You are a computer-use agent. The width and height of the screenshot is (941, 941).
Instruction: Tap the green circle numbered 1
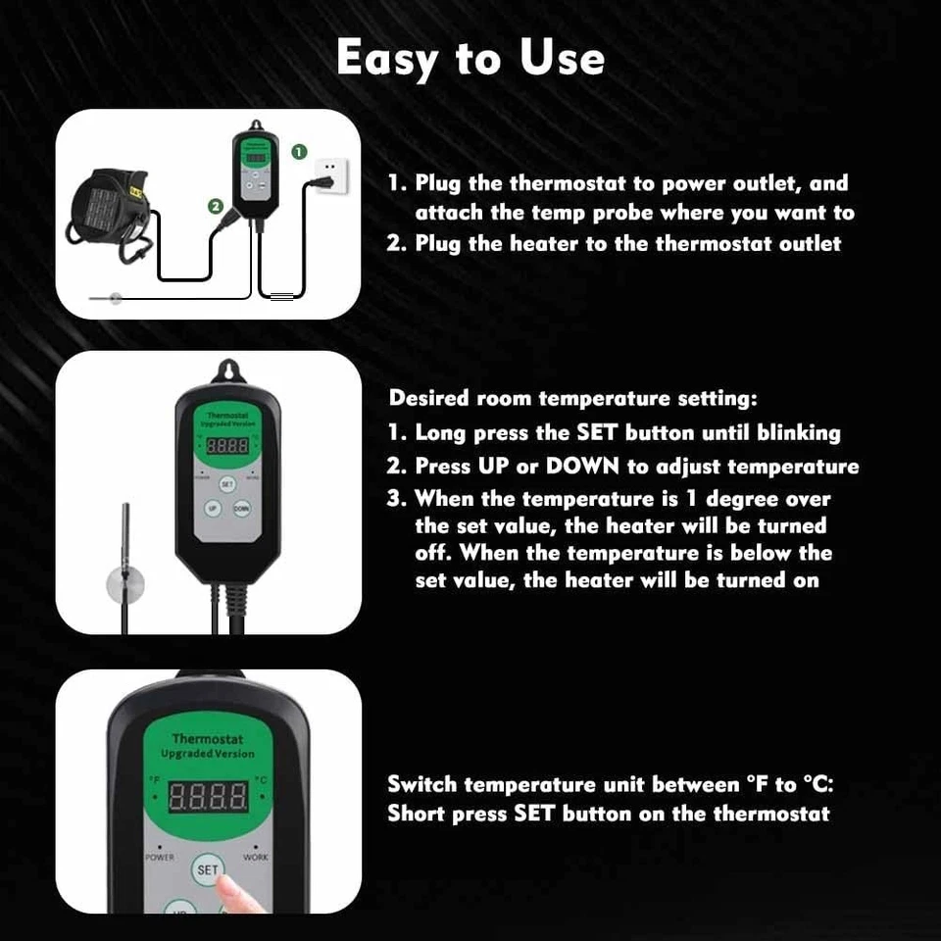[301, 152]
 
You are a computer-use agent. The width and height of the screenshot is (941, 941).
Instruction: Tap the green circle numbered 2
[216, 206]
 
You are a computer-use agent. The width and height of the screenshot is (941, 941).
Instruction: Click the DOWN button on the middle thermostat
[241, 509]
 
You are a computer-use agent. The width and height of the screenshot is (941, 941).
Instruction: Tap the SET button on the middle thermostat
[227, 483]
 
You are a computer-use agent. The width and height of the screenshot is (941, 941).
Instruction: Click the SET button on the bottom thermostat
[207, 868]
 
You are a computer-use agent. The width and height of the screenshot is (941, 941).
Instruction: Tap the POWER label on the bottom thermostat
[160, 857]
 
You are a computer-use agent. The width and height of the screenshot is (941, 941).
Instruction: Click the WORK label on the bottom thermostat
[256, 857]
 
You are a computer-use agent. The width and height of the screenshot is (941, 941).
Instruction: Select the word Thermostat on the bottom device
[207, 739]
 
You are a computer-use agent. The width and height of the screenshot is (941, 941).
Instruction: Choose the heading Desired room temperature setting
[573, 399]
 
